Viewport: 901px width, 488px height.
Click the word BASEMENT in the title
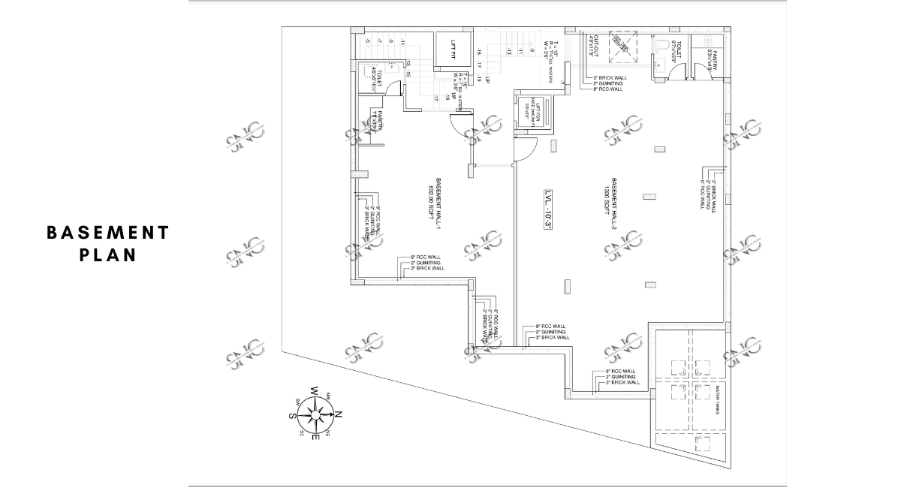(108, 233)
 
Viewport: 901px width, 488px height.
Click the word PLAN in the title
(108, 255)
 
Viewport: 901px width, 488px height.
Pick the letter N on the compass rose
(338, 414)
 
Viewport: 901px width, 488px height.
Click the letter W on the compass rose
(315, 390)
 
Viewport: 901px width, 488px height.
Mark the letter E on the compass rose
(315, 437)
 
